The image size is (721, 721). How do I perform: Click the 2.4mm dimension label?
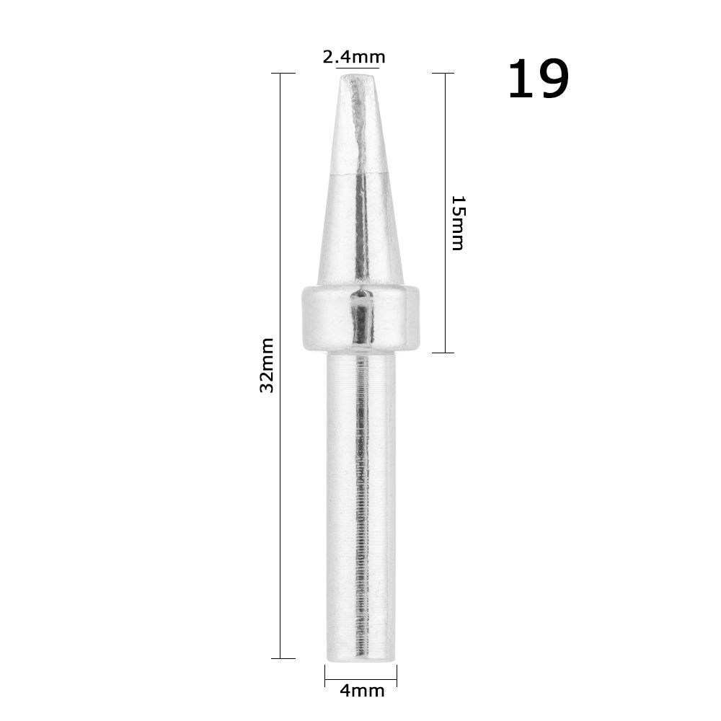353,57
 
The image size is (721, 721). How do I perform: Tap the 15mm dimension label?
457,222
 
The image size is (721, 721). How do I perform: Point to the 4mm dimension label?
361,691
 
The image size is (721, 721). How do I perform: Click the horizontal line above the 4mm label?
360,678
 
